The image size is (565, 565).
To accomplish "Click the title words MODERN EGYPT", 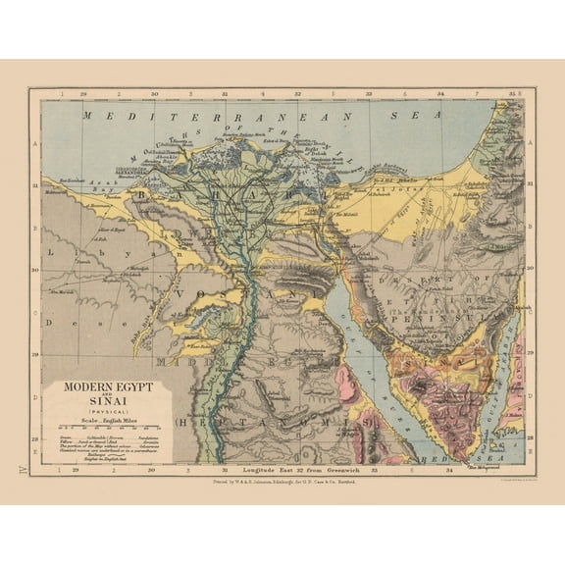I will tap(110, 387).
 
